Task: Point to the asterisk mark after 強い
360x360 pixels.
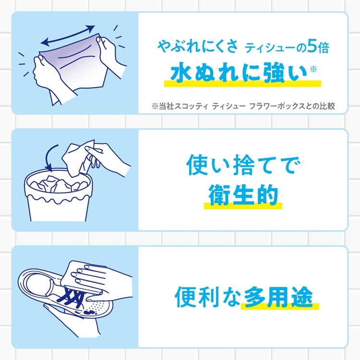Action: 313,69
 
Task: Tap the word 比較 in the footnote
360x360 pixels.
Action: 327,106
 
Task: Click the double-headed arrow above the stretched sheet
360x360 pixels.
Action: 68,35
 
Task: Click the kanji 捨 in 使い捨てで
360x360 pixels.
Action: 244,165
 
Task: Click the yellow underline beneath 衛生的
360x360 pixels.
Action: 243,205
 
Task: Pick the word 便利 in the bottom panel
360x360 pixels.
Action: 196,297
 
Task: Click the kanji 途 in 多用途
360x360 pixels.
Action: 302,297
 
